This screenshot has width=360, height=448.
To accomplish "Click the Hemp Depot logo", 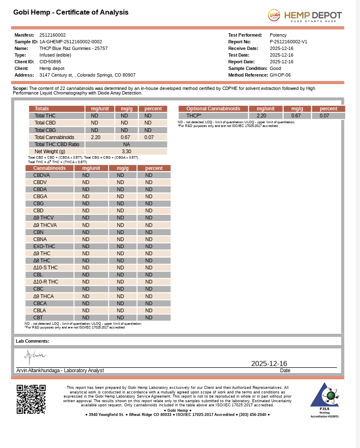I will click(x=305, y=16).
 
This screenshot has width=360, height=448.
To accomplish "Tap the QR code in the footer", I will click(x=31, y=399).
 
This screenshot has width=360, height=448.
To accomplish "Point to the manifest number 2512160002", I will click(x=52, y=35).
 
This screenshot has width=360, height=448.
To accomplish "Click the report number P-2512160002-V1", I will click(x=288, y=42).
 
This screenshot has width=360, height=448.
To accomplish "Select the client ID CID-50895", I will click(x=50, y=62).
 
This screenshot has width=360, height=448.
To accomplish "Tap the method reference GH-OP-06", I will click(x=280, y=75).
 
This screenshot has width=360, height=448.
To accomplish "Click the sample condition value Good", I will click(x=275, y=68).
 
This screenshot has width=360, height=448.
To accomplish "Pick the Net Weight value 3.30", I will click(x=126, y=152).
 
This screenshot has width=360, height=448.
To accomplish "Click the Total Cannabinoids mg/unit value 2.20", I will click(x=95, y=137).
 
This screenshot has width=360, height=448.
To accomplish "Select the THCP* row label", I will click(x=194, y=116).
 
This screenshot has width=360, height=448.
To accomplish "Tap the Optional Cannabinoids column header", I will click(x=213, y=109).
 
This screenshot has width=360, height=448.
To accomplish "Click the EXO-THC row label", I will click(x=44, y=246).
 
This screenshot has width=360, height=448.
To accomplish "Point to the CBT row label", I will click(x=38, y=318).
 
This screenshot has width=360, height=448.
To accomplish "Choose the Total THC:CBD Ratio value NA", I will click(x=126, y=144).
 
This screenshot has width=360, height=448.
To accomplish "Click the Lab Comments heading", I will click(x=32, y=341).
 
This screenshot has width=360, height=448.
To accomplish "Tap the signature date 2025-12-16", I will click(x=269, y=363).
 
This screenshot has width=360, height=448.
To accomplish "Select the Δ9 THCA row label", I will click(x=43, y=296).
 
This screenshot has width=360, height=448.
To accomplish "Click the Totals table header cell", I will click(x=42, y=109).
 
